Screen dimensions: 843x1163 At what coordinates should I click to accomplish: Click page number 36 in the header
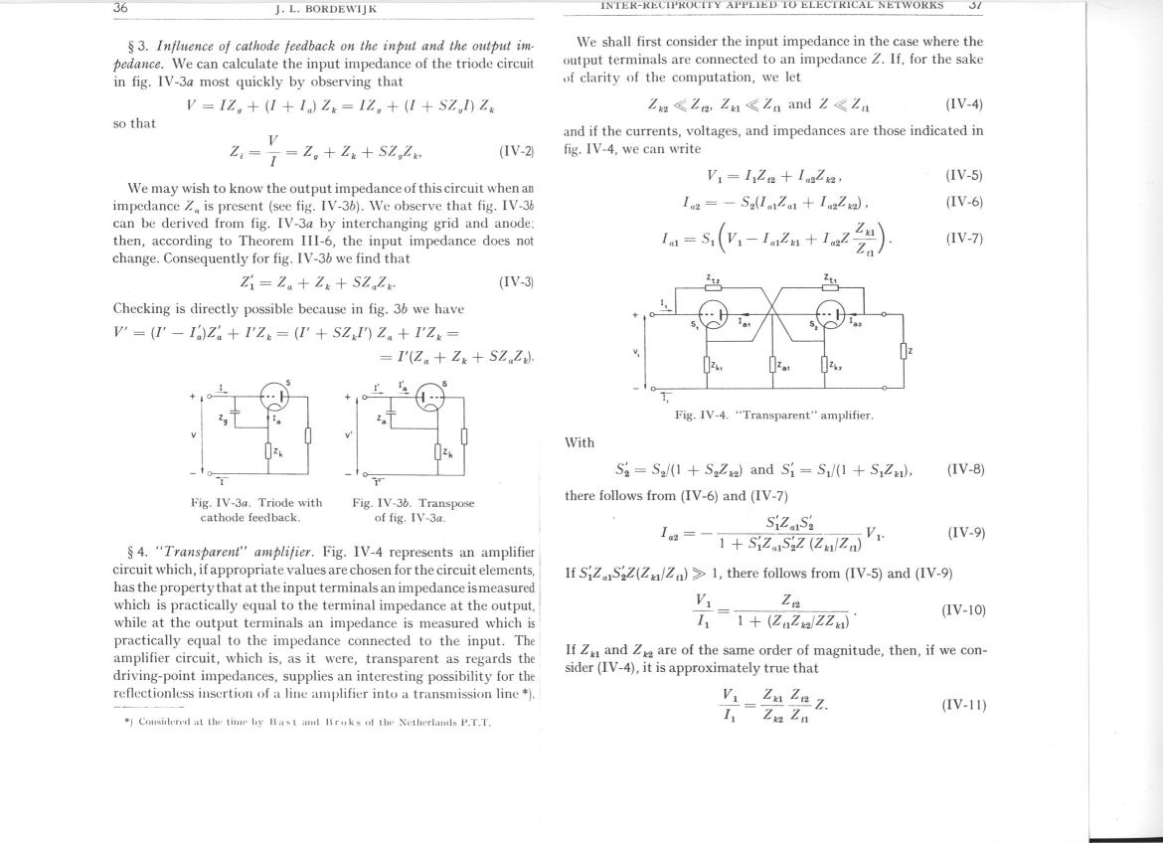tap(120, 8)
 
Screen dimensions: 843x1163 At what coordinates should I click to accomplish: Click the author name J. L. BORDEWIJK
tap(326, 10)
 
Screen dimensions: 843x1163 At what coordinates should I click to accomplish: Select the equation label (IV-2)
tap(517, 152)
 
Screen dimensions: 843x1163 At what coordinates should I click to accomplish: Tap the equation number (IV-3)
tap(517, 282)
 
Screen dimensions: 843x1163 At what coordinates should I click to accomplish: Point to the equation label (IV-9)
tap(965, 533)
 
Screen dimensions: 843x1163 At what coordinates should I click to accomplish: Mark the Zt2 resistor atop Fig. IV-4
tap(713, 285)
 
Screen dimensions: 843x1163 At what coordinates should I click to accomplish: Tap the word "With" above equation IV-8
tap(580, 442)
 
